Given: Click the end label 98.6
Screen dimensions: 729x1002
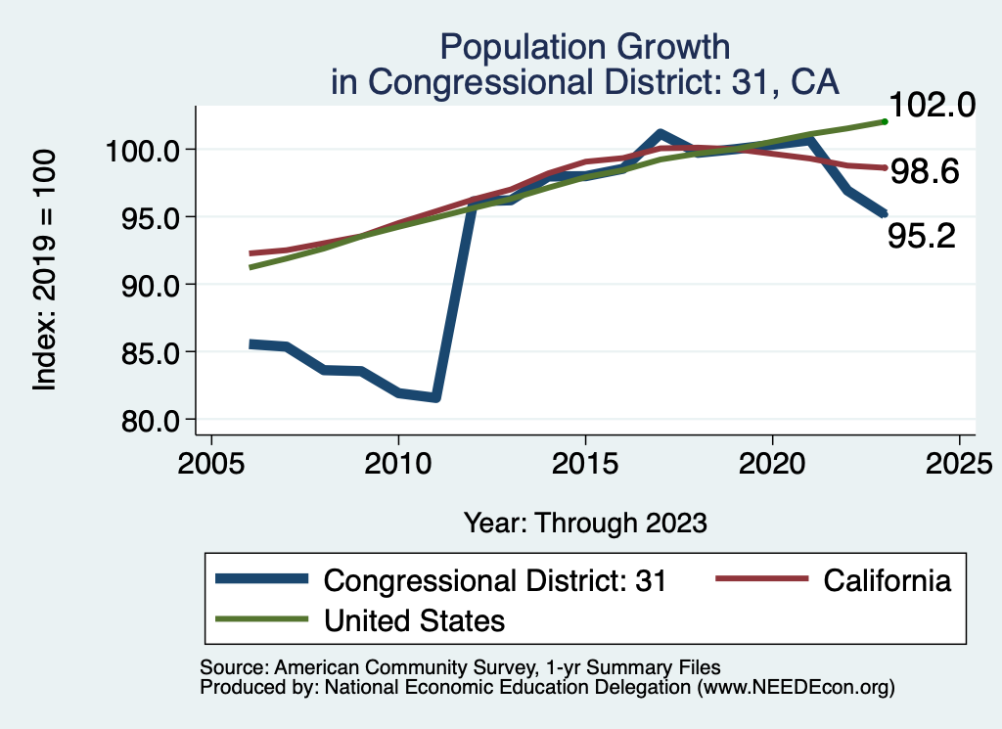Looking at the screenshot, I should (924, 172).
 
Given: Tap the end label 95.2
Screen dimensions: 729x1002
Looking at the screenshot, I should (921, 235).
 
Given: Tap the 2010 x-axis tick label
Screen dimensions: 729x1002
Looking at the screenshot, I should (398, 463).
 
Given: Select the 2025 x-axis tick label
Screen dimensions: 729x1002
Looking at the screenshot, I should (959, 463).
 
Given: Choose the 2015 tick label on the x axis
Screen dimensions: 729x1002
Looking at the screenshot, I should (585, 463).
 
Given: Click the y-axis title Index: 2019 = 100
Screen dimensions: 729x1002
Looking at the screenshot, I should (45, 271).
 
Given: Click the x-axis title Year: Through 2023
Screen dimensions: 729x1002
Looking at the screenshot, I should (585, 523).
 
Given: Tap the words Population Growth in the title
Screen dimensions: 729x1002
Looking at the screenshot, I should (585, 46).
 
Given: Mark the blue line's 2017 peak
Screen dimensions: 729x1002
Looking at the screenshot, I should (660, 133).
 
